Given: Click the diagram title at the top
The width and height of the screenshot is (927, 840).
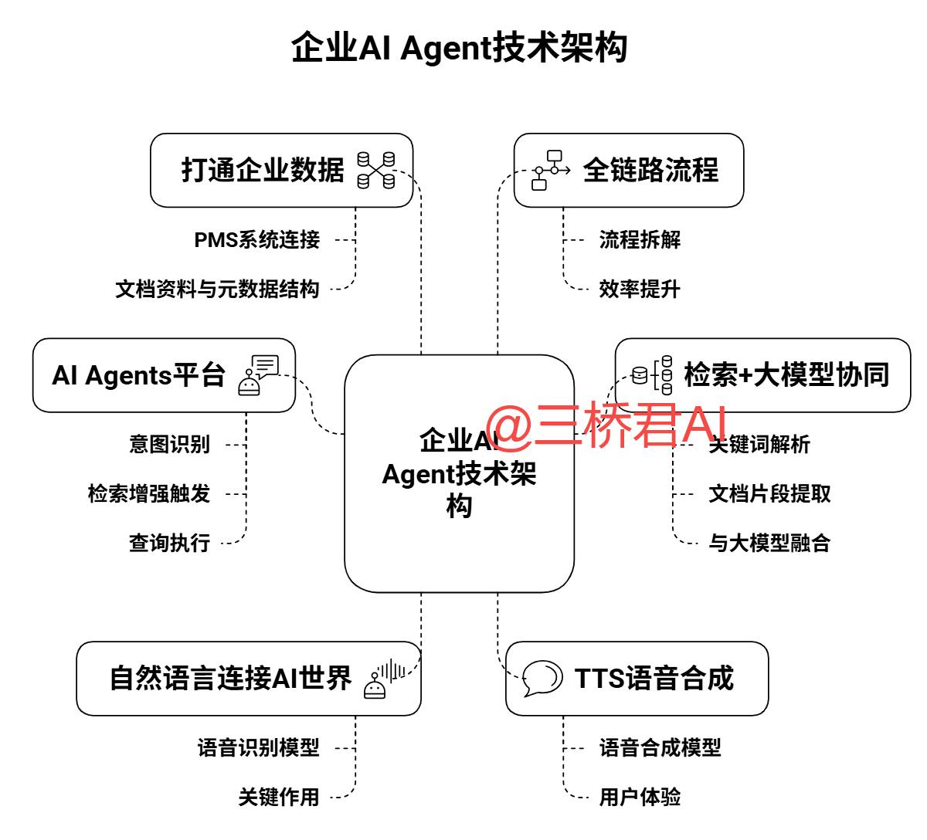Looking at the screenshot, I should [459, 48].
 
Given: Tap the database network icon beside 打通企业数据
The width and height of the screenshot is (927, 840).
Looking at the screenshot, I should [376, 170].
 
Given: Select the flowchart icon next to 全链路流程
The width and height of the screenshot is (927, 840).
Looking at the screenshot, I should [550, 170].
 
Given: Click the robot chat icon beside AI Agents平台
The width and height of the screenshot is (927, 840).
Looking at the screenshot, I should [258, 375].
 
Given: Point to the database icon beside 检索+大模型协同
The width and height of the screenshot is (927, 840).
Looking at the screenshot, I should [652, 375].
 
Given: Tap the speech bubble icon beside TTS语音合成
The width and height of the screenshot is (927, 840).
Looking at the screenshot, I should [542, 679].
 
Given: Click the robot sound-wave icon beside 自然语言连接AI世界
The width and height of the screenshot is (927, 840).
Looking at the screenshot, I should [384, 679].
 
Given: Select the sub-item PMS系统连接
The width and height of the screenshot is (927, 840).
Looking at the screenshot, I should [256, 240].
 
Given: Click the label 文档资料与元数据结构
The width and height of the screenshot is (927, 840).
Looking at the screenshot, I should [217, 289].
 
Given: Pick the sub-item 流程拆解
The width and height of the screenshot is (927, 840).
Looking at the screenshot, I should [640, 240].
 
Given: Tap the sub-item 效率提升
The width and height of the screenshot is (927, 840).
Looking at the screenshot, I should [640, 289].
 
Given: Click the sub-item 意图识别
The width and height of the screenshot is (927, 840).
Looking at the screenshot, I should [169, 445].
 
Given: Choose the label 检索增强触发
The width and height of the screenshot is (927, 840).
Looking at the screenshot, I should [149, 493].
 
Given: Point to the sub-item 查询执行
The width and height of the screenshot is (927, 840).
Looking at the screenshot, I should [169, 543].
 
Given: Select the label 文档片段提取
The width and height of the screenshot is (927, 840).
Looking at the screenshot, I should [769, 493].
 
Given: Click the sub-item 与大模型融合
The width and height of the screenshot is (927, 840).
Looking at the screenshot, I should [769, 543].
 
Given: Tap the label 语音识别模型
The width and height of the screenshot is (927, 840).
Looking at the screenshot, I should [258, 747].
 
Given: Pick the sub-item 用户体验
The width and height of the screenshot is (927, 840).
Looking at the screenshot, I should [640, 797].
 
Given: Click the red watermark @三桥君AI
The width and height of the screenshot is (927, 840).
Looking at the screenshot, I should [607, 425].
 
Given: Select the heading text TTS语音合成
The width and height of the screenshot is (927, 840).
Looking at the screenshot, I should [654, 679].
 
